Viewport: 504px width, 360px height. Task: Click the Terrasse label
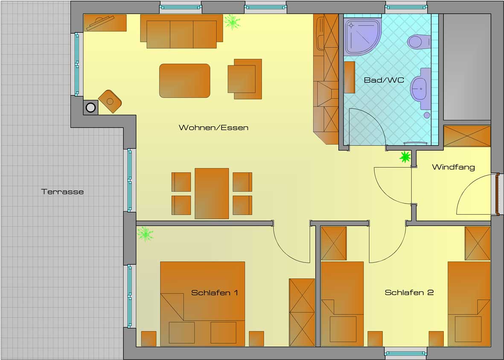point(62,192)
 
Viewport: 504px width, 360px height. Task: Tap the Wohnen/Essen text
point(213,128)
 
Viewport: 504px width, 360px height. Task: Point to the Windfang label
point(453,167)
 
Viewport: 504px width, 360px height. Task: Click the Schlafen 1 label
point(214,293)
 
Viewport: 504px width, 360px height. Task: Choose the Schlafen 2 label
point(409,293)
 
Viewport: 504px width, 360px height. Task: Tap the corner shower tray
point(361,36)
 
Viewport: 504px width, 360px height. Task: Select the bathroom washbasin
point(421,89)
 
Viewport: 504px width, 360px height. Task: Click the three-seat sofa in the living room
point(181,32)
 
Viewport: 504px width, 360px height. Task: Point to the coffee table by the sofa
point(185,81)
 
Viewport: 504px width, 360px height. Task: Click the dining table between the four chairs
point(212,193)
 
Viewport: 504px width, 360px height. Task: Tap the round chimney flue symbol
point(90,107)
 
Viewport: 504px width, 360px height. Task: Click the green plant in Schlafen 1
point(145,234)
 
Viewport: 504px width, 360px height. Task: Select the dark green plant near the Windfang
point(405,157)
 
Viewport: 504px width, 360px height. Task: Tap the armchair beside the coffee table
point(245,79)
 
